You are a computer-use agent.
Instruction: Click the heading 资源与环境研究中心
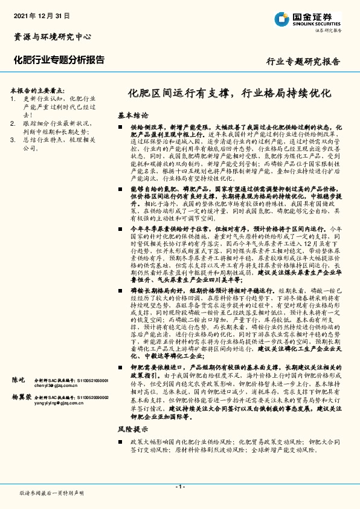tap(53, 36)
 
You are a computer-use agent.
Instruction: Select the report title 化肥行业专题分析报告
tap(59, 60)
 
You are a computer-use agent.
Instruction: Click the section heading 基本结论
tap(133, 115)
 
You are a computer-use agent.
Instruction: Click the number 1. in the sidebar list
tap(14, 98)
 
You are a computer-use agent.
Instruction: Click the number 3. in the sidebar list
tap(14, 139)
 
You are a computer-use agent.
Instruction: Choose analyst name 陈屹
tap(19, 380)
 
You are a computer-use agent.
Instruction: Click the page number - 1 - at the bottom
tap(179, 487)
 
